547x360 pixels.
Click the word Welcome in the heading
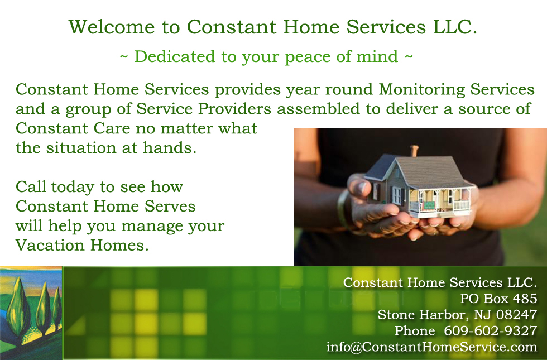pos(111,27)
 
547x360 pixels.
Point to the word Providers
pos(234,109)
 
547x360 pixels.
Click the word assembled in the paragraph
pos(318,108)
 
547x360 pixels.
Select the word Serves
pos(170,206)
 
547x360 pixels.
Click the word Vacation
pos(50,245)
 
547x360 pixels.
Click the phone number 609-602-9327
pos(490,330)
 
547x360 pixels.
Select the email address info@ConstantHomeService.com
pos(431,347)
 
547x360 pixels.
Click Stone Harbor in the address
pos(421,315)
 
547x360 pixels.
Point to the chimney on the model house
pos(414,151)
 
